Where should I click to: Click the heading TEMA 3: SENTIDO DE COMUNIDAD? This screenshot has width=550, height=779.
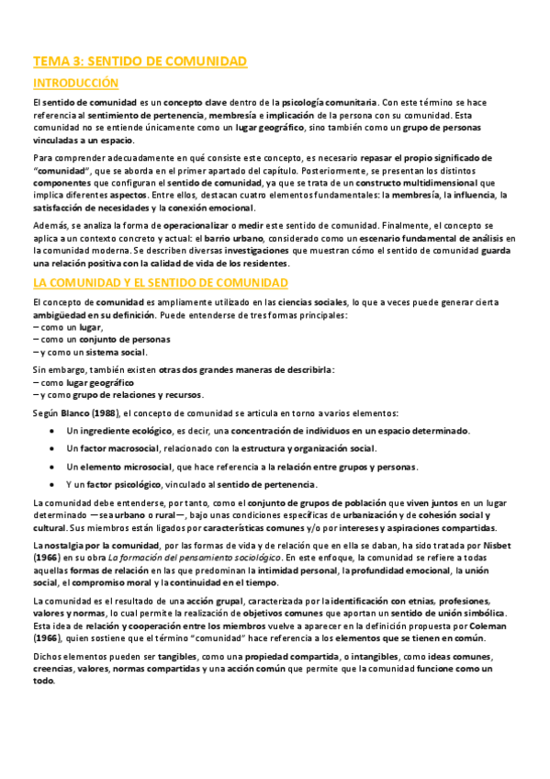[140, 62]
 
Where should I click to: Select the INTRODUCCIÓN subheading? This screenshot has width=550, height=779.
[75, 84]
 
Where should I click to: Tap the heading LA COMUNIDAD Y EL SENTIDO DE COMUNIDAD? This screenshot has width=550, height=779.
[161, 282]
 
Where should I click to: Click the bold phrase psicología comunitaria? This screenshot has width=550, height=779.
[331, 101]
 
